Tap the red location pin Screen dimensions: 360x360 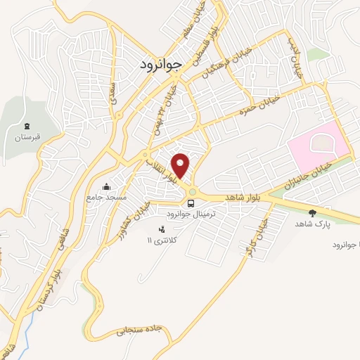(x=181, y=165)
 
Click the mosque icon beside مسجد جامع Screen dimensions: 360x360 (x=106, y=186)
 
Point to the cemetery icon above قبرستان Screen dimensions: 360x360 (x=25, y=125)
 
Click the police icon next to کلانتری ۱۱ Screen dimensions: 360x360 (x=162, y=229)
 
